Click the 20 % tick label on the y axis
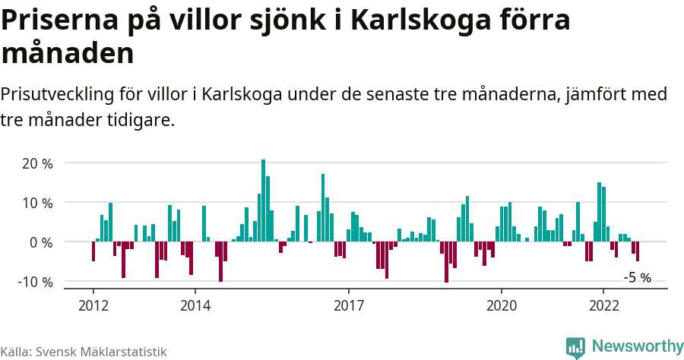(37, 163)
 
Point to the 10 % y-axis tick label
(37, 203)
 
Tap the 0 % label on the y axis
(41, 242)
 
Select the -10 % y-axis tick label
(35, 282)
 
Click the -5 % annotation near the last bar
(637, 278)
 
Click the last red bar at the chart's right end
(638, 251)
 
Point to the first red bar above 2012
(93, 251)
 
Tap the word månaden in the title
(68, 53)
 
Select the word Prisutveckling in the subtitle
(57, 95)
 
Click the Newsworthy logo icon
(575, 347)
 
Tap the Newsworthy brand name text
(637, 346)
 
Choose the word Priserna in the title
(54, 21)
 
